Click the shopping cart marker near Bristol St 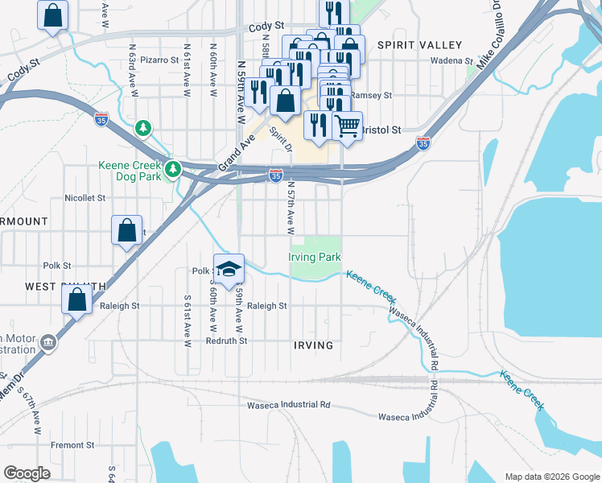click(347, 126)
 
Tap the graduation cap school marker click(229, 269)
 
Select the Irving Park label click(315, 257)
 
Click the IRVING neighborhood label click(313, 345)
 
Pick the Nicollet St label click(85, 197)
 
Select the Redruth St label click(227, 341)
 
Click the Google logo click(27, 473)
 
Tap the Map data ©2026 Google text click(551, 477)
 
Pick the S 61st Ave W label click(188, 321)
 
